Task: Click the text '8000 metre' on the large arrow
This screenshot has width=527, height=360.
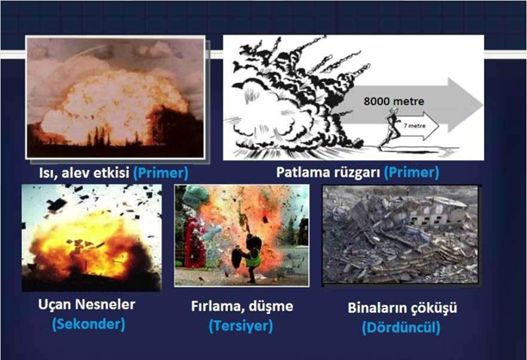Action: pyautogui.click(x=393, y=101)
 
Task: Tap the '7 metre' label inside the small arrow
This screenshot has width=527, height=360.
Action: pyautogui.click(x=415, y=125)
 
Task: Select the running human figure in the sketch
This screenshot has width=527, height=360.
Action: pyautogui.click(x=389, y=128)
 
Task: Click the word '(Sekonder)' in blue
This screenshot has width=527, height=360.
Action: pyautogui.click(x=89, y=324)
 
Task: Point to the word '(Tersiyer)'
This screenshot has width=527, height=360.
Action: pyautogui.click(x=241, y=326)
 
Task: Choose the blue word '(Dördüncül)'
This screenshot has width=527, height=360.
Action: pyautogui.click(x=401, y=328)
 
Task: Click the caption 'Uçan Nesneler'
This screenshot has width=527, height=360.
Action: pyautogui.click(x=87, y=305)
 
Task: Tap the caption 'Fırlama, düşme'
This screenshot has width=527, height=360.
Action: pyautogui.click(x=242, y=306)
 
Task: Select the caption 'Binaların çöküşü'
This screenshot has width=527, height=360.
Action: pyautogui.click(x=402, y=308)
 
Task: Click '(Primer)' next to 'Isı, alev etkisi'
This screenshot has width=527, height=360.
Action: pyautogui.click(x=161, y=173)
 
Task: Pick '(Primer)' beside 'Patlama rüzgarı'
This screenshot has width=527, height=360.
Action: pyautogui.click(x=411, y=172)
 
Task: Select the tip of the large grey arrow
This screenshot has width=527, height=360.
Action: pyautogui.click(x=482, y=105)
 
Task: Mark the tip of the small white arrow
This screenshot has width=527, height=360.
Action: pyautogui.click(x=439, y=126)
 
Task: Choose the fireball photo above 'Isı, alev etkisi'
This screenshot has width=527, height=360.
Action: pyautogui.click(x=116, y=97)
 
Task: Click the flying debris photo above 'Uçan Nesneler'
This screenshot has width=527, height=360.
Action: pyautogui.click(x=91, y=238)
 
